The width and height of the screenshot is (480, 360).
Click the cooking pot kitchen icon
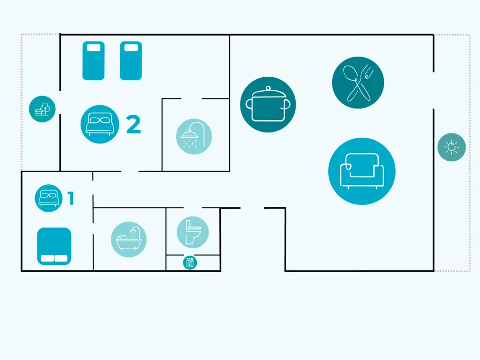tap(268, 104)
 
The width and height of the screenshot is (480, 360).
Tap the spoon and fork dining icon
tap(358, 83)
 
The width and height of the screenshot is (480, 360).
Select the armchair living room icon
tap(362, 171)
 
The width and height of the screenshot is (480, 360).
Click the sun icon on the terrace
tap(452, 147)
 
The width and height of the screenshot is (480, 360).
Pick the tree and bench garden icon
tap(42, 109)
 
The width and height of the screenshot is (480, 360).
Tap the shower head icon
tap(194, 136)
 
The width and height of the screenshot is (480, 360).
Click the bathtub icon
tap(129, 239)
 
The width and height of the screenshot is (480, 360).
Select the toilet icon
tap(193, 232)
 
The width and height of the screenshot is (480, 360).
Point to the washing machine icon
tap(190, 263)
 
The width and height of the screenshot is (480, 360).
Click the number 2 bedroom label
tap(134, 124)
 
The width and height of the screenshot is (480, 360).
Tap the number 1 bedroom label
tap(71, 198)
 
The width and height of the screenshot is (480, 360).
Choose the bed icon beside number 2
tap(100, 124)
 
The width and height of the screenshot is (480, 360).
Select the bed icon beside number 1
tap(48, 198)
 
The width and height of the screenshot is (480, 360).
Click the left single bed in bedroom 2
tap(94, 60)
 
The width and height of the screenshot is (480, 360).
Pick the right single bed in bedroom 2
tap(131, 60)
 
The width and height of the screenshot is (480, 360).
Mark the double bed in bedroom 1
tap(54, 246)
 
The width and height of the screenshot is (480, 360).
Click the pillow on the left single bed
tap(94, 48)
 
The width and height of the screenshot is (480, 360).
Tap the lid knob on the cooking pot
tap(268, 88)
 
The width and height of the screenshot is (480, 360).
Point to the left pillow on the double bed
tap(48, 258)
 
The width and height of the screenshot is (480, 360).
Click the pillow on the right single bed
tap(131, 48)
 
